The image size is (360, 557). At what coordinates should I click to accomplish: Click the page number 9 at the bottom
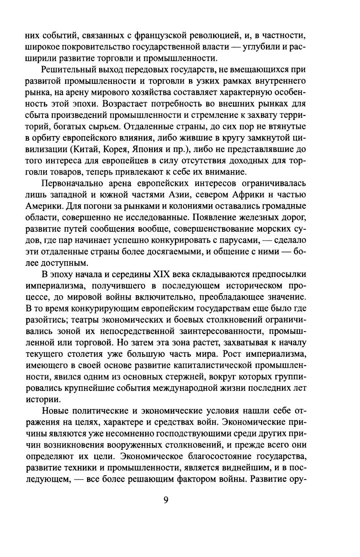point(166,500)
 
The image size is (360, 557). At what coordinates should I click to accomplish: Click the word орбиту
point(49,138)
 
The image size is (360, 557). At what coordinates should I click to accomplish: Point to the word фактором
point(209,479)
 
